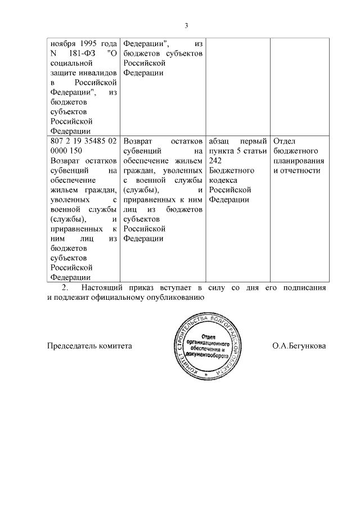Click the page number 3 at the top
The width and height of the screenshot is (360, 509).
click(186, 25)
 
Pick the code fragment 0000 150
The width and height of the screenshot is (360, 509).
click(66, 151)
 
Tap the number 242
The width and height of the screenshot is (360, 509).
click(215, 160)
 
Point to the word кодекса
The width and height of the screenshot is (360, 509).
click(223, 181)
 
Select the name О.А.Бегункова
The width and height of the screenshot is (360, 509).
click(299, 346)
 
